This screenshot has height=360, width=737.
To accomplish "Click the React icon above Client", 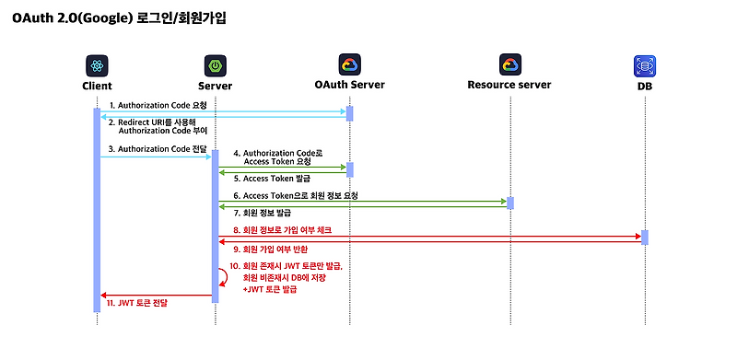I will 97,66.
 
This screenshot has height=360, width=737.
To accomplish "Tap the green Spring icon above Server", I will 215,66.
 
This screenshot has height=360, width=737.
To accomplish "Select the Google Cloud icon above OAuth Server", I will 349,65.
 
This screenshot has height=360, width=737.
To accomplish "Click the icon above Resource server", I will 509,65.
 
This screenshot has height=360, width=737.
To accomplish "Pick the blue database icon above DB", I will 644,66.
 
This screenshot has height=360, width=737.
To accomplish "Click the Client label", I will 97,86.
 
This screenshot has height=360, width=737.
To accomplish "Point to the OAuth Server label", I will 349,85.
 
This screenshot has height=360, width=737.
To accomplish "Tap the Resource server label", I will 509,85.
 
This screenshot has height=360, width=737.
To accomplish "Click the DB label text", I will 644,86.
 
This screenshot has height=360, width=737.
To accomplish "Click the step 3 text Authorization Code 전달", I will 158,148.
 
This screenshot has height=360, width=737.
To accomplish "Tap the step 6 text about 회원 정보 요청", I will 295,195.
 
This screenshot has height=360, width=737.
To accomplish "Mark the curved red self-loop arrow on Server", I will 223,275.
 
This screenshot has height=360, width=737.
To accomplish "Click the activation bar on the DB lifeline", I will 644,237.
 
